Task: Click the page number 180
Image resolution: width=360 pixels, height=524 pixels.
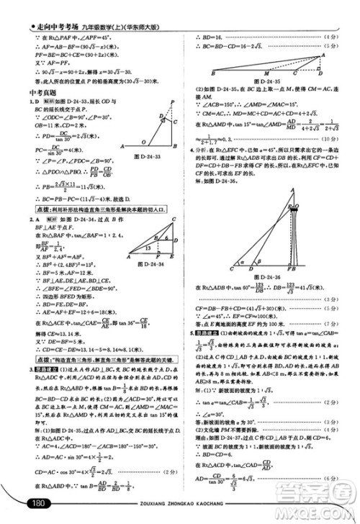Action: pyautogui.click(x=38, y=502)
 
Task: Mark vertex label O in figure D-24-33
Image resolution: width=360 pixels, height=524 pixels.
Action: pyautogui.click(x=143, y=143)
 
